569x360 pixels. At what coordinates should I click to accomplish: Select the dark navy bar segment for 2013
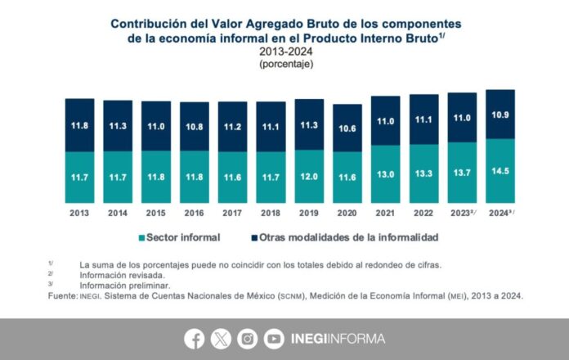[79, 124]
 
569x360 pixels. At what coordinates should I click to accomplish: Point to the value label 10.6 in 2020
[347, 128]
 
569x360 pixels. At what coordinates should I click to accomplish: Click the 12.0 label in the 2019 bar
[308, 176]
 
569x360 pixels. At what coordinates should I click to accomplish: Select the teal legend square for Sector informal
[142, 237]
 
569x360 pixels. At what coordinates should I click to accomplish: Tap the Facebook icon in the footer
[195, 339]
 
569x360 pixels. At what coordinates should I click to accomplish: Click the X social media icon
[221, 339]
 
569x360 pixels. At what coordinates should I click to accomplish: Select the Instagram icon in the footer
[247, 339]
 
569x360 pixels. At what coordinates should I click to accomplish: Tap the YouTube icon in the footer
[274, 339]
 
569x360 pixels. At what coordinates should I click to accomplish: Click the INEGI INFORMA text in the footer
[337, 339]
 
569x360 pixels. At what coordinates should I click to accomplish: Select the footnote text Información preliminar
[123, 286]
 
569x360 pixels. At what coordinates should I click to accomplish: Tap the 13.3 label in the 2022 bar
[423, 174]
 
